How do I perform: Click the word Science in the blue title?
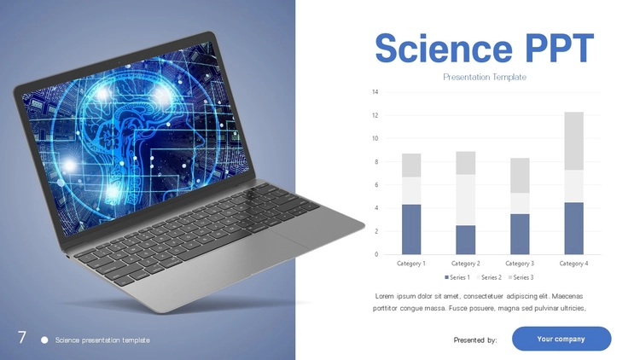pyautogui.click(x=443, y=48)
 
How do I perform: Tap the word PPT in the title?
pyautogui.click(x=560, y=48)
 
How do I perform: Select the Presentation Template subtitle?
pyautogui.click(x=485, y=77)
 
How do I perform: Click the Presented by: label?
pyautogui.click(x=475, y=340)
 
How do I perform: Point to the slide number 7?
pyautogui.click(x=22, y=338)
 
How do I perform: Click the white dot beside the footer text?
pyautogui.click(x=44, y=340)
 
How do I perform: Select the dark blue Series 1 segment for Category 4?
pyautogui.click(x=574, y=228)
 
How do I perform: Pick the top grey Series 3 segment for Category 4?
pyautogui.click(x=574, y=141)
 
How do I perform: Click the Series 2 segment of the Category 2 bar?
pyautogui.click(x=466, y=200)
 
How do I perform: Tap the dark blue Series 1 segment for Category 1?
pyautogui.click(x=411, y=229)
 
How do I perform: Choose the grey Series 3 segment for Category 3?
pyautogui.click(x=520, y=176)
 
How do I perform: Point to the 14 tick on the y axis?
pyautogui.click(x=375, y=92)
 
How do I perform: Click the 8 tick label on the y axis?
pyautogui.click(x=376, y=161)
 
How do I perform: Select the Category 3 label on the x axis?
pyautogui.click(x=520, y=264)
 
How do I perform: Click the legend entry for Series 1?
pyautogui.click(x=457, y=277)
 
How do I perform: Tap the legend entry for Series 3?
pyautogui.click(x=521, y=277)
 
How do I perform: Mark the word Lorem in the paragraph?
pyautogui.click(x=385, y=296)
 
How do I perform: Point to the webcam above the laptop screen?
pyautogui.click(x=119, y=63)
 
